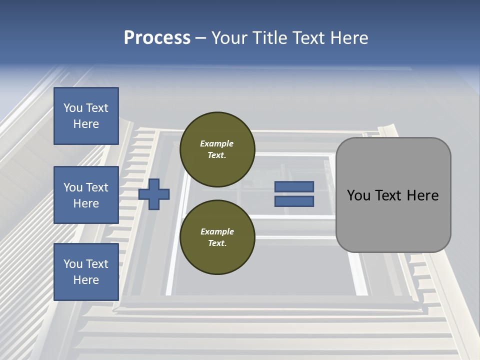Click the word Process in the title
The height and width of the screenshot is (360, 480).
point(157,38)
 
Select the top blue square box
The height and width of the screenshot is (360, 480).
point(86,116)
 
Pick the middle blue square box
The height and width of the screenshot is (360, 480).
point(86,195)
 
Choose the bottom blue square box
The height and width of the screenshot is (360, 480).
point(86,271)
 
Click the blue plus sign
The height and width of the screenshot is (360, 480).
point(154,194)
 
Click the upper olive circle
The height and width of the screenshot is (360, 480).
point(217,149)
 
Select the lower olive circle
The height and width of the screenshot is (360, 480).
point(217,237)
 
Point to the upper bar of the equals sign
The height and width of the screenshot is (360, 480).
point(294,187)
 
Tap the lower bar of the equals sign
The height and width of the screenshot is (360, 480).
point(294,201)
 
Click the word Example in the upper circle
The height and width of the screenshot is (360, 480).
point(217,143)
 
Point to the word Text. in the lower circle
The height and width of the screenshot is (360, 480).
point(217,243)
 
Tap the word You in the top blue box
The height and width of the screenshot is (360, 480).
point(73,108)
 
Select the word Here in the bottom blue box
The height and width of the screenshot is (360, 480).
point(86,280)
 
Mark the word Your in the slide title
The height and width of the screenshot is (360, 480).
point(229,38)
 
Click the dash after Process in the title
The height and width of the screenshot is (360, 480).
point(200,38)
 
